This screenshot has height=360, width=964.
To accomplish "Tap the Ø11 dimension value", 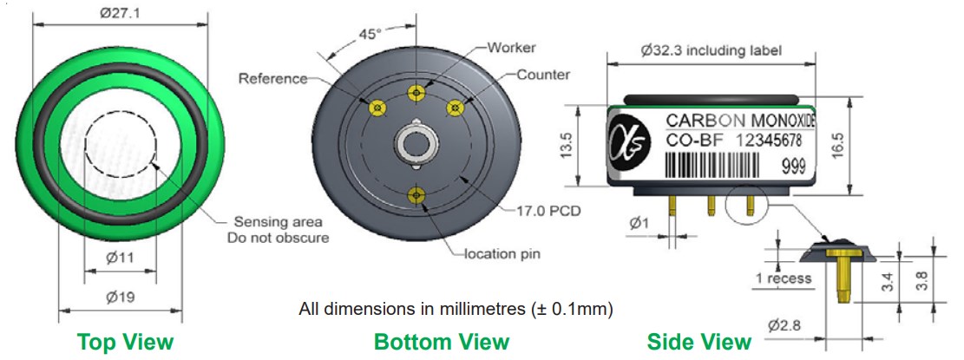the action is [120, 258].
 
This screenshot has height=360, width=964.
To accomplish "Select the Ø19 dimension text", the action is [121, 298].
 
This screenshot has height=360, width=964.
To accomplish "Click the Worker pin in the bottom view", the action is [416, 93].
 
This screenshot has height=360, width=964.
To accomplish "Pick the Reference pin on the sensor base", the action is [377, 108].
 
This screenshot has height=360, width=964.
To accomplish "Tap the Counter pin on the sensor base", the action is [455, 108].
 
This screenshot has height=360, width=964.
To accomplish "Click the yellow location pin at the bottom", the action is [416, 195].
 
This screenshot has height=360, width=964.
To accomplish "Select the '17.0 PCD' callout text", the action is [548, 211].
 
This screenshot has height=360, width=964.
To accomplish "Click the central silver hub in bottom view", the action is [416, 144].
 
